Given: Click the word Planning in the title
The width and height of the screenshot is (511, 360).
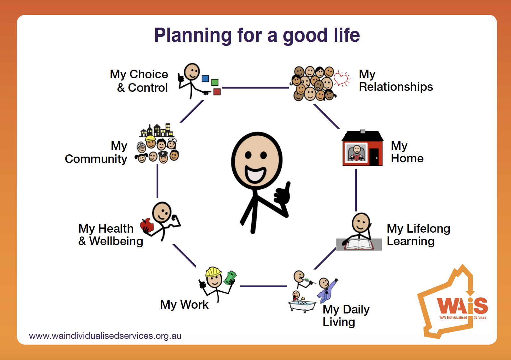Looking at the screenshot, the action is point(193,36).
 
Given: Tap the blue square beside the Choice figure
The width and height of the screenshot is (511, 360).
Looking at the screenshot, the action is point(205,79).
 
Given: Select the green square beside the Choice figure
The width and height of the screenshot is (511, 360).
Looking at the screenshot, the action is point(215,82).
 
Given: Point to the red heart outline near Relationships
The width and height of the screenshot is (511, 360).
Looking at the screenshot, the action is point(341,78).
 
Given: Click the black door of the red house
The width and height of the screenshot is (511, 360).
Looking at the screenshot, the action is point(374,157).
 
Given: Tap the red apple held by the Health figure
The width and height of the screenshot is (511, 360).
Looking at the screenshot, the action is point(147,225).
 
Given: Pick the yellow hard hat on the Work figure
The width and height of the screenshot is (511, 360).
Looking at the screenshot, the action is point(213,272).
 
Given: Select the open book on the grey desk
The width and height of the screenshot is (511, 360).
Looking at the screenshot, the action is point(359,244).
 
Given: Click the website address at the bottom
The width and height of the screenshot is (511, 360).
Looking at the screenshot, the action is point(105,336).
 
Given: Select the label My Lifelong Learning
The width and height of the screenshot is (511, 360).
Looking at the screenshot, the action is point(418,235).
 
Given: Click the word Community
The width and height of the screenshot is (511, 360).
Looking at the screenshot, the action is point(96,159).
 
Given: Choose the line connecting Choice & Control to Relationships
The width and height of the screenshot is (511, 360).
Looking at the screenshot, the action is point(255,87).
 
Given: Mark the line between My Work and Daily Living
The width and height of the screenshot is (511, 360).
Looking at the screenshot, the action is point(264,286).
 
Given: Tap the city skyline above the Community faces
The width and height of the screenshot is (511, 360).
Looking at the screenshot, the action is point(156,130).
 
